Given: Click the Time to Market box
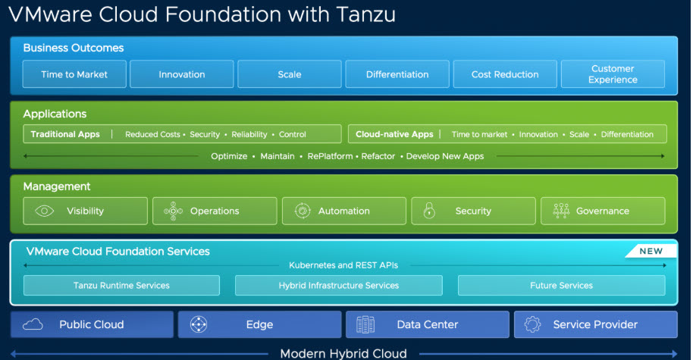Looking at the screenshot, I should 74,74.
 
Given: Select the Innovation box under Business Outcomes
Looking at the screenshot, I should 182,74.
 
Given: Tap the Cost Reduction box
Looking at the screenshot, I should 505,74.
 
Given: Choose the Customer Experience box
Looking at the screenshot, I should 613,74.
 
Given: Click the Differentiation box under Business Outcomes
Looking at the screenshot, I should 397,74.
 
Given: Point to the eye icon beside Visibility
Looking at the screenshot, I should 43,211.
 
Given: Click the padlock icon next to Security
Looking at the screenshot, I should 429,211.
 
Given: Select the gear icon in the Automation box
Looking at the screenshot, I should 302,211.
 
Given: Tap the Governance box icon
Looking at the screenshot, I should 561,211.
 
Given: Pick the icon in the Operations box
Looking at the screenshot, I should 172,211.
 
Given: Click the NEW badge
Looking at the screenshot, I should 650,251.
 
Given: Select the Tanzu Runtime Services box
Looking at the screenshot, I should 121,286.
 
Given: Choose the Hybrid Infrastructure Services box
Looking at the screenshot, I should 338,286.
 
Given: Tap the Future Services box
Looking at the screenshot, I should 561,286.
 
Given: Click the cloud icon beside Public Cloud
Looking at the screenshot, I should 33,324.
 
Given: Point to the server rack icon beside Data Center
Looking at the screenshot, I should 366,324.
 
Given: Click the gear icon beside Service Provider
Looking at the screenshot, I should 532,324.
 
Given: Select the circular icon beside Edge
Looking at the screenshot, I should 199,324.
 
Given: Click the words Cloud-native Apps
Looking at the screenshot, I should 394,134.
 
